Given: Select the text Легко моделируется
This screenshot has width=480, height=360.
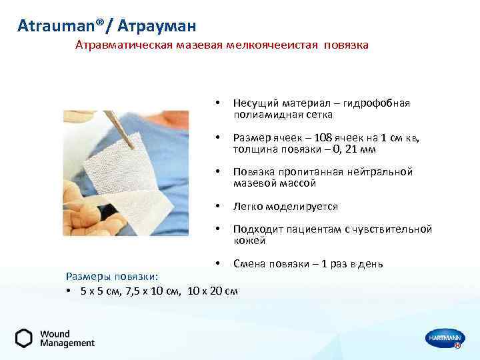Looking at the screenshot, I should [x=285, y=207].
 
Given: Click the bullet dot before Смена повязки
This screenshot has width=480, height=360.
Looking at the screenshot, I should [x=217, y=264].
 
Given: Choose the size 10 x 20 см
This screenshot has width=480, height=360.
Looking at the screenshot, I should [x=213, y=291].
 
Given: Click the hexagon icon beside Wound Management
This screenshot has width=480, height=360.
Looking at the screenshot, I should [x=24, y=339].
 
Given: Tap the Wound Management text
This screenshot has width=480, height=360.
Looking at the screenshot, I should [x=67, y=339].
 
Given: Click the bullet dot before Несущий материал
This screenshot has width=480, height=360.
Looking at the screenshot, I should [x=217, y=103].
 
